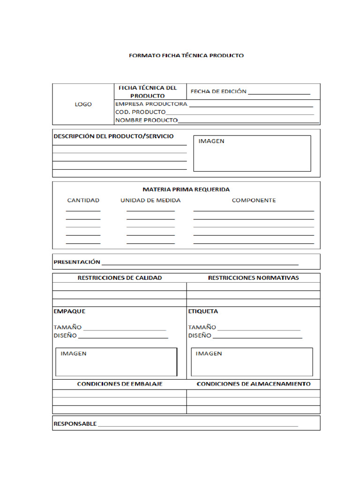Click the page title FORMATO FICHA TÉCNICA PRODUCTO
click(186, 55)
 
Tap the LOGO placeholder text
click(83, 104)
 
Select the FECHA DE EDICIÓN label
click(218, 91)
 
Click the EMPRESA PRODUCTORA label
click(151, 104)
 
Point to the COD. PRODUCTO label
click(140, 112)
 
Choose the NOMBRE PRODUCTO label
click(146, 120)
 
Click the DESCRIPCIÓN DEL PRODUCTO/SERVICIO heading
click(113, 136)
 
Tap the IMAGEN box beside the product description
click(252, 153)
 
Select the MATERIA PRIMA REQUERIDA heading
click(186, 189)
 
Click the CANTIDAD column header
click(83, 200)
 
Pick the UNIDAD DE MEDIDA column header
click(150, 200)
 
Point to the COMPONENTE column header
click(254, 200)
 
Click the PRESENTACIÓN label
click(77, 262)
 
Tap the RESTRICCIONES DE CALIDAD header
click(120, 277)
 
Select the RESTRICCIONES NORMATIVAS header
click(253, 277)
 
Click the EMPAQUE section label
click(69, 311)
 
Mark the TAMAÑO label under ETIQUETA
click(202, 327)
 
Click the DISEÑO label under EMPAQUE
click(65, 336)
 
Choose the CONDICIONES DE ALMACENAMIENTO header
click(253, 384)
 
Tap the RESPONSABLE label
click(75, 424)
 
